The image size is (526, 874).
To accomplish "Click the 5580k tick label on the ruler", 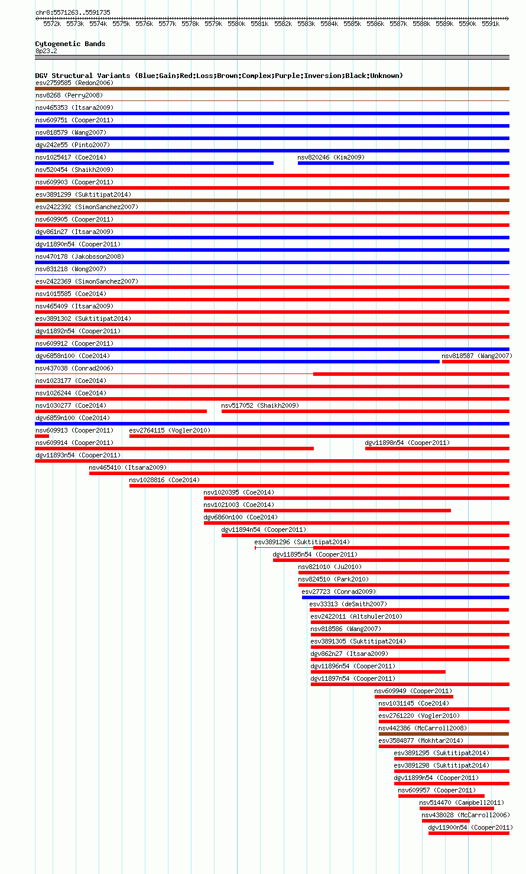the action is [236, 24].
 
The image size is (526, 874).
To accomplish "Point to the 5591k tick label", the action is [491, 24].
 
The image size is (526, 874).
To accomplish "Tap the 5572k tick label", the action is [52, 24].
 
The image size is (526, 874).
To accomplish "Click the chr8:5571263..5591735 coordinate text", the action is [73, 12].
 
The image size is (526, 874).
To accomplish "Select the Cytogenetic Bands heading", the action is [70, 44].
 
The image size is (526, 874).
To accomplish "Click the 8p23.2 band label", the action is [46, 51].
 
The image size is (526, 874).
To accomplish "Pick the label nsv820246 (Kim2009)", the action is [331, 157].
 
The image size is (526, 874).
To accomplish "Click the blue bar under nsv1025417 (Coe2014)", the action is [154, 163].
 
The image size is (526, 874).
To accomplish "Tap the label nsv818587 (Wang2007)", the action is [477, 356].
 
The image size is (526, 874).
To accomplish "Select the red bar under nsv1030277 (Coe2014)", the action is [121, 411].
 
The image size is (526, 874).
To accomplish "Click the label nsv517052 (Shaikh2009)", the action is [260, 405].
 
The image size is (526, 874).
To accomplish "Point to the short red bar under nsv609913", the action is [42, 436].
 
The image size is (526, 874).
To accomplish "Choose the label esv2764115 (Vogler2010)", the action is [170, 430].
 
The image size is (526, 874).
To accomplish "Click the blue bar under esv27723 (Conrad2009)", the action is [405, 597].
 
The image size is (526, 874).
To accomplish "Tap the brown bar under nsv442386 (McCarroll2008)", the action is [444, 734].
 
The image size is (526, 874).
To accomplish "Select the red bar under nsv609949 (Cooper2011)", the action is [414, 697].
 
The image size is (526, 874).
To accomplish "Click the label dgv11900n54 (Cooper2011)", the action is [470, 827].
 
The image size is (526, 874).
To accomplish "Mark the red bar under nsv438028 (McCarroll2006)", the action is [446, 821].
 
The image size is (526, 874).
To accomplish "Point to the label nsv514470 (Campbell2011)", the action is [462, 802].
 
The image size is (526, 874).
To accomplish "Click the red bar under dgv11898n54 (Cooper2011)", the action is [437, 449].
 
